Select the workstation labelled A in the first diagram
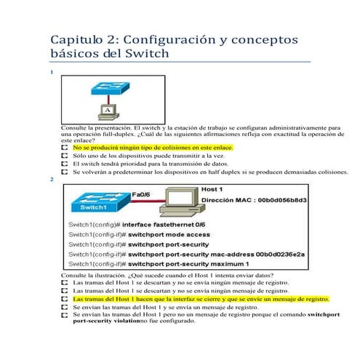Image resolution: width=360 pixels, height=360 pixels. [107, 110]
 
